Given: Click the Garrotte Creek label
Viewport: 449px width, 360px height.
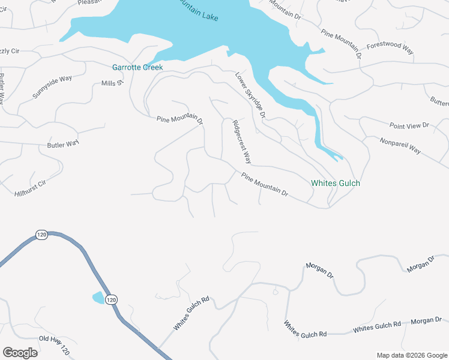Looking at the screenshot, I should [x=137, y=68].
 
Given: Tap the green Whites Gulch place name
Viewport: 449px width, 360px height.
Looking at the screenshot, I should [x=336, y=183].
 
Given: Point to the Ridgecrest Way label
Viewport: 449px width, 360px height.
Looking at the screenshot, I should [x=241, y=142].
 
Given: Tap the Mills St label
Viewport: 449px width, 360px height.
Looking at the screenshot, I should [x=112, y=83].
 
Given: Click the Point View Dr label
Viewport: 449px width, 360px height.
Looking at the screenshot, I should [x=409, y=125].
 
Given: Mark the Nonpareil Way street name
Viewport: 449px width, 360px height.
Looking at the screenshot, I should [x=400, y=146].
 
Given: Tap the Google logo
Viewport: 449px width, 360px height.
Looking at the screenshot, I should [x=20, y=353].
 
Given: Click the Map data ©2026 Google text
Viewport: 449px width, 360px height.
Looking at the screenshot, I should [x=411, y=355].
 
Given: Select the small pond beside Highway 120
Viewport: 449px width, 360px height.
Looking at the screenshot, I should [x=97, y=297].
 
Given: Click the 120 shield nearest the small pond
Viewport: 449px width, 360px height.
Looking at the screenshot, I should [x=112, y=299].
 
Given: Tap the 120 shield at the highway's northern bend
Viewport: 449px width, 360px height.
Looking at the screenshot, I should [x=41, y=235].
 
